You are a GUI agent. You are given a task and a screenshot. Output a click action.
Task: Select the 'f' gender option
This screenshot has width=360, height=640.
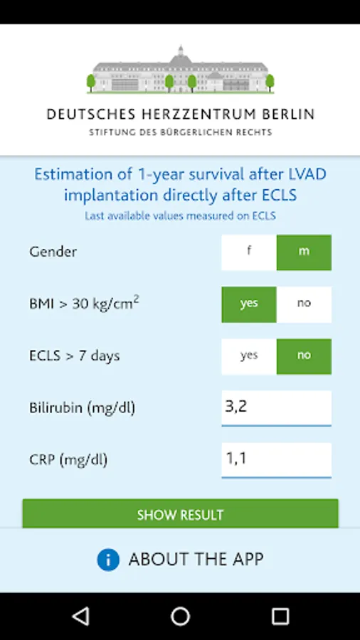249,252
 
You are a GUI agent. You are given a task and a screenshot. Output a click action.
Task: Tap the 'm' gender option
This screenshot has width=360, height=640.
304,252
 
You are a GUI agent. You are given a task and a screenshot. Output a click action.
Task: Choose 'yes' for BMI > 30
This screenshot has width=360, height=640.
249,304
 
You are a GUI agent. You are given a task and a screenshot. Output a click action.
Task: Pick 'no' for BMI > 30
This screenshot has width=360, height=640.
304,304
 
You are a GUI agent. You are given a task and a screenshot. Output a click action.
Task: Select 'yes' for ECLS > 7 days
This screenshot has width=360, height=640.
249,356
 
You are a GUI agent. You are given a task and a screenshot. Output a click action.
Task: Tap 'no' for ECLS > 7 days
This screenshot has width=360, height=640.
304,356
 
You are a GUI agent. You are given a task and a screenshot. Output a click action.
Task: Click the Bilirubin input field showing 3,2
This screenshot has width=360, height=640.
276,408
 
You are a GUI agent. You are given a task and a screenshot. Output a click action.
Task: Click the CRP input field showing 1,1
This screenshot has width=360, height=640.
276,460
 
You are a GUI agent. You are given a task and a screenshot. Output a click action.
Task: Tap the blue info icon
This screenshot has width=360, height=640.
108,560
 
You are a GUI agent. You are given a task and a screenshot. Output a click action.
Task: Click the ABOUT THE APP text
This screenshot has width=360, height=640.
196,559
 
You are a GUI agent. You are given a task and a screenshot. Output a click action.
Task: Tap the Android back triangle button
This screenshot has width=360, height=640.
81,616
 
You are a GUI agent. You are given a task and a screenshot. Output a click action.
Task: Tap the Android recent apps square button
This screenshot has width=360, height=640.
280,617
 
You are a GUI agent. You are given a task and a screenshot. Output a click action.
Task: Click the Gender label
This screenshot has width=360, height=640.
53,252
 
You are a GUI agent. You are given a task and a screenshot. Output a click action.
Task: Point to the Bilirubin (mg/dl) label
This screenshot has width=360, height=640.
82,407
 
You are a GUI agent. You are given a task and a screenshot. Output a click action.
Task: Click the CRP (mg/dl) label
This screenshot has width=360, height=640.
68,460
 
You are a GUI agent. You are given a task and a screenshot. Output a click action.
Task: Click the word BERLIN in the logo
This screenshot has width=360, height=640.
288,114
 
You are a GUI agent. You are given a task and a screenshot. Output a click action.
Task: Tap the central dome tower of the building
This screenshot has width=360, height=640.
181,55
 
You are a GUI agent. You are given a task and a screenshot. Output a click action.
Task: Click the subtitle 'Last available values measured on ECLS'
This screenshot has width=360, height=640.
180,216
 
